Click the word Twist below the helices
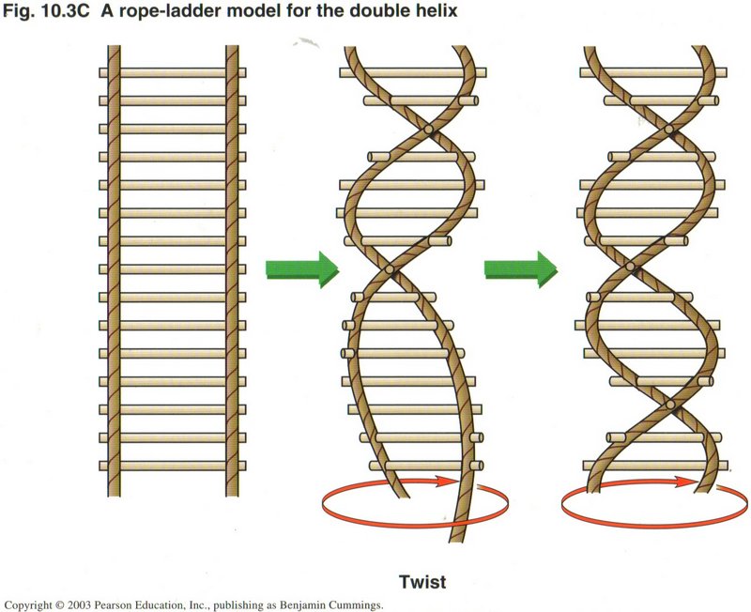422,582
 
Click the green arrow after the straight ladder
301,268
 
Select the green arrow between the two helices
520,268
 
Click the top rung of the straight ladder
173,71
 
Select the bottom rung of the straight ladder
173,466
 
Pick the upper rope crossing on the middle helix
428,130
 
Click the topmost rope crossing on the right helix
668,129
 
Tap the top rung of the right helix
657,71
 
